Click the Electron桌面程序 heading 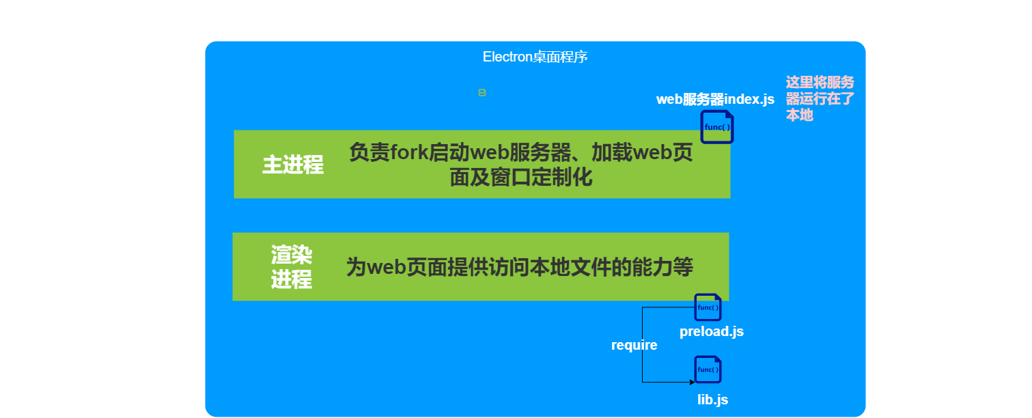pos(535,57)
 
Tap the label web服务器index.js pos(715,100)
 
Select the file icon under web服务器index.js pos(716,127)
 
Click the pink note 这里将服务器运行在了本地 pos(820,99)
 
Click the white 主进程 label pos(293,165)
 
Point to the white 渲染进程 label pos(292,267)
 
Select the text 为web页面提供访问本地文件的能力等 pos(519,267)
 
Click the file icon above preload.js pos(708,307)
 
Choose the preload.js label pos(712,332)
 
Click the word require pos(634,346)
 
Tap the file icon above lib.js pos(708,370)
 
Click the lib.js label pos(712,400)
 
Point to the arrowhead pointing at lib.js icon pos(691,382)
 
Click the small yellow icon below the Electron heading pos(482,93)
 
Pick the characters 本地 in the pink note pos(799,115)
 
